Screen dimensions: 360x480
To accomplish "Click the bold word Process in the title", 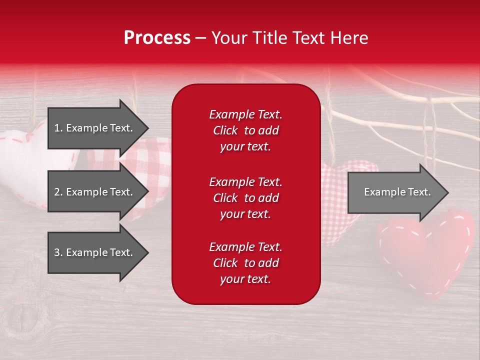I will coord(157,38).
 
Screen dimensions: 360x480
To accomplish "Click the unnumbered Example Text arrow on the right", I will coord(395,192).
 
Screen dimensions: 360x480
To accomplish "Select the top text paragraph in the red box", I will coord(245,130).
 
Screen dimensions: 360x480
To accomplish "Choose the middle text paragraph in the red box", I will coord(245,198).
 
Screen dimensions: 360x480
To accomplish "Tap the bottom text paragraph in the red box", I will coord(245,263).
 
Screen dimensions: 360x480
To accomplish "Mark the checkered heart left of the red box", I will coord(150,160).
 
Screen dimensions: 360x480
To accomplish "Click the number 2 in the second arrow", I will coord(57,192).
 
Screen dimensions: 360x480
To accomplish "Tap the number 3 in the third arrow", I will coord(57,252).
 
